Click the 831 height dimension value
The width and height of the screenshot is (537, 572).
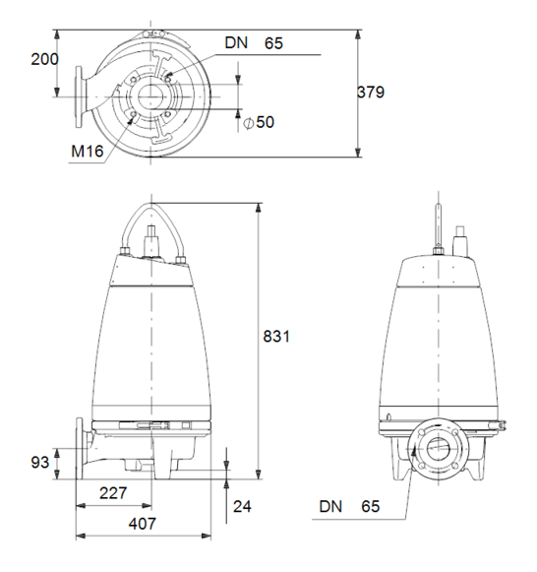(276, 336)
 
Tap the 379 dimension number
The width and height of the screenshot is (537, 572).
(371, 92)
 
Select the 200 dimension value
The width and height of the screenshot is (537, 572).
(44, 59)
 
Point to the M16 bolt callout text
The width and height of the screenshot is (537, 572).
(88, 151)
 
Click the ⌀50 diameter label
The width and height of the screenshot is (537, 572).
(259, 122)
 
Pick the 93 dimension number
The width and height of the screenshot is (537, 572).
(39, 463)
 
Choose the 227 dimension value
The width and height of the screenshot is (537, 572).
(113, 493)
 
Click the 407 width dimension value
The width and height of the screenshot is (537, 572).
(142, 524)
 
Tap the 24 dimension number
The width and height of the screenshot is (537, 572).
(242, 506)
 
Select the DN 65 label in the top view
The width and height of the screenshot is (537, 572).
(254, 43)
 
